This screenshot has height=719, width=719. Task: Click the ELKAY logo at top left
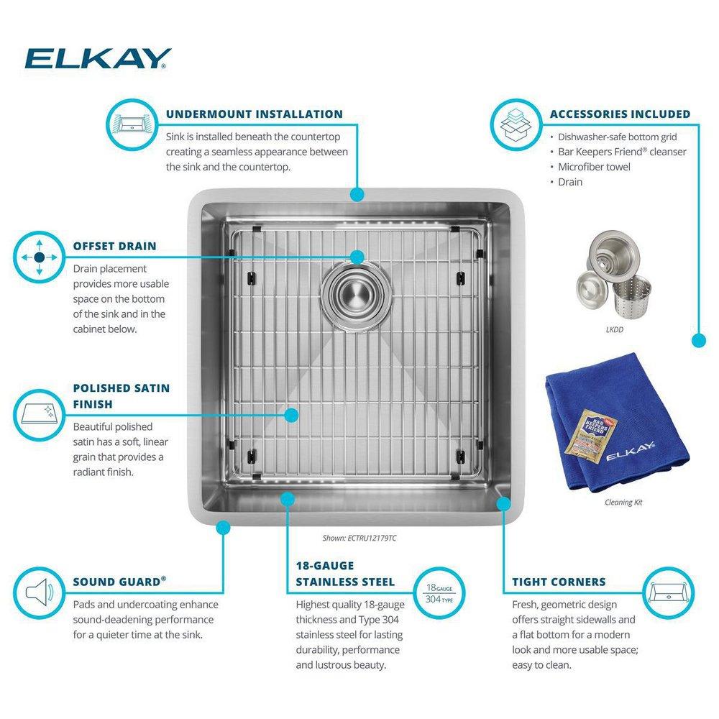click(x=98, y=58)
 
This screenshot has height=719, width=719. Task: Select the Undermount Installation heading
click(x=254, y=114)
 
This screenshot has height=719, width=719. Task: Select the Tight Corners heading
click(x=559, y=582)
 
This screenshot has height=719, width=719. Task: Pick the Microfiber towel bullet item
click(x=594, y=167)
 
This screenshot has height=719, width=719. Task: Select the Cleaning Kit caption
click(x=623, y=502)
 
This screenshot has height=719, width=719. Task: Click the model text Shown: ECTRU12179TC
click(x=359, y=536)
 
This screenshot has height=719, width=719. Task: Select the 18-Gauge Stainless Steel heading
click(x=345, y=573)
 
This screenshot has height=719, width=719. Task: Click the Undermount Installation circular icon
click(x=132, y=124)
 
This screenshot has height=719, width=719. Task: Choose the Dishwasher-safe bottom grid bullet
click(x=618, y=137)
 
